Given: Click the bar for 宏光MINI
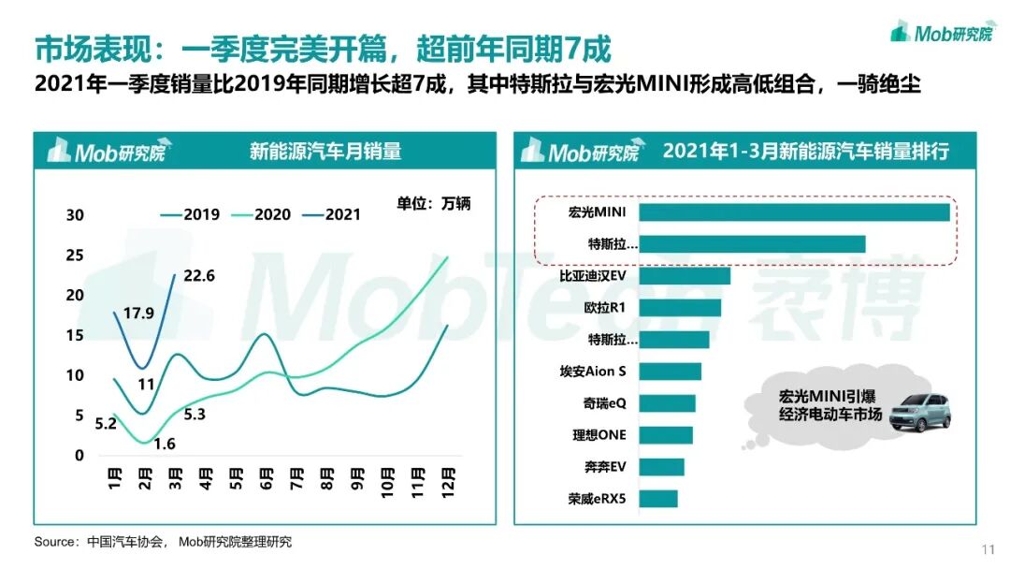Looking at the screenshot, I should [795, 212].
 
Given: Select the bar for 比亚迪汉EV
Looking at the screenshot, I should [685, 276].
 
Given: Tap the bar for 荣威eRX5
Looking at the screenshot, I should [658, 499].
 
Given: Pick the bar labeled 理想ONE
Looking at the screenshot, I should [666, 435].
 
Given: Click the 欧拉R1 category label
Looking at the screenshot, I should [605, 308].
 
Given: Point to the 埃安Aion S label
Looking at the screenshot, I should [593, 372].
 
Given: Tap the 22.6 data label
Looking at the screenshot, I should [197, 275].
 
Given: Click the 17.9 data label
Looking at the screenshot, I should [138, 314].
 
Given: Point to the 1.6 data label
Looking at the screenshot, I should [164, 444].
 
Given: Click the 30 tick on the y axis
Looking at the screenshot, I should [75, 215].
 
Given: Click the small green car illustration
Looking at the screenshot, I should [919, 413].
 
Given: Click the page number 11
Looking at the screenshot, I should [988, 548].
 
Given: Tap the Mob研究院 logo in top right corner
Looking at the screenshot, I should [942, 33].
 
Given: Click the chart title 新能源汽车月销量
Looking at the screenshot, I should [325, 151].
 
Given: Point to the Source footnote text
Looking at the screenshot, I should [163, 542].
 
